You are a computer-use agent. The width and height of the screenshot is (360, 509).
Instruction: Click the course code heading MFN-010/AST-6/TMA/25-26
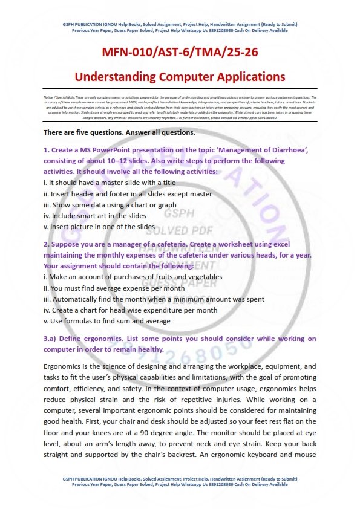tap(180, 53)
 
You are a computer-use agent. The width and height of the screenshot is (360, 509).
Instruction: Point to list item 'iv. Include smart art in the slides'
tap(95, 216)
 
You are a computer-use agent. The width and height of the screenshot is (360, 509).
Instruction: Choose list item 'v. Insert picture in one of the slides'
tap(99, 227)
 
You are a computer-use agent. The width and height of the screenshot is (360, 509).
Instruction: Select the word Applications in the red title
tap(248, 77)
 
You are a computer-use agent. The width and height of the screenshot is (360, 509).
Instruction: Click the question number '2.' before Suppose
tap(46, 244)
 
